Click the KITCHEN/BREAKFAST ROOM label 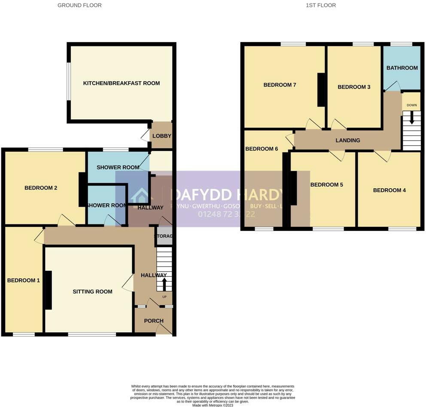click(x=121, y=83)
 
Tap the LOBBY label click(x=162, y=136)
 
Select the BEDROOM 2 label click(x=41, y=188)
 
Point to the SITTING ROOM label click(x=92, y=291)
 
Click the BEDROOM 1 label click(x=23, y=280)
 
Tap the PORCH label click(x=154, y=321)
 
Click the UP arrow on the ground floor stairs click(x=164, y=284)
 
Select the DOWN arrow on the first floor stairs click(x=411, y=117)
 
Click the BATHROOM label click(x=402, y=68)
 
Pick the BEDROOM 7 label click(x=280, y=85)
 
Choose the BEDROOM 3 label click(x=354, y=87)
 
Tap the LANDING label click(x=348, y=140)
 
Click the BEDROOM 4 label click(x=389, y=190)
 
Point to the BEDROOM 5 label click(x=326, y=185)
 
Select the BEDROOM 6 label click(x=262, y=149)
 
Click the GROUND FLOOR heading click(x=79, y=5)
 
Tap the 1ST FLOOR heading click(x=321, y=5)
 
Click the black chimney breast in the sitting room click(x=48, y=290)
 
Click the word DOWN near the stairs click(x=411, y=105)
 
